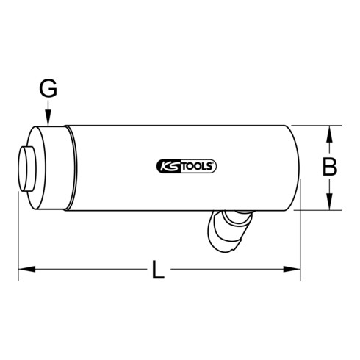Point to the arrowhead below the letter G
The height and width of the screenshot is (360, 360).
[48, 122]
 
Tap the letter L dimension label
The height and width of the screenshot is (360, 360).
[157, 273]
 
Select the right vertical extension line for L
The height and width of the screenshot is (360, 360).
[300, 242]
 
